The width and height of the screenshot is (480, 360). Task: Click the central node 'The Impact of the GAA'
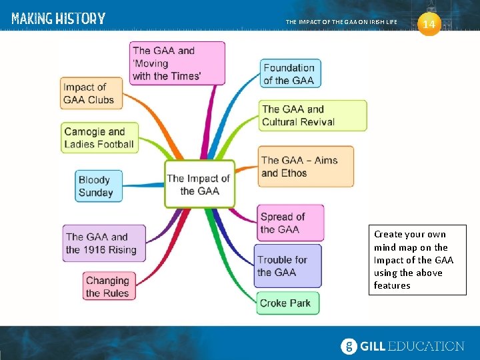pyautogui.click(x=199, y=185)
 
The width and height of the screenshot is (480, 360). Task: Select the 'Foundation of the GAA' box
pyautogui.click(x=289, y=74)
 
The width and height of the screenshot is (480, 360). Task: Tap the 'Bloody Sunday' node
pyautogui.click(x=95, y=186)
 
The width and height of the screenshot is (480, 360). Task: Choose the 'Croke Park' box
pyautogui.click(x=285, y=303)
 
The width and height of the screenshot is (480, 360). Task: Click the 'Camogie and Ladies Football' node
pyautogui.click(x=99, y=138)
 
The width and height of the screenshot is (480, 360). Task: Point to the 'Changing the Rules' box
pyautogui.click(x=107, y=287)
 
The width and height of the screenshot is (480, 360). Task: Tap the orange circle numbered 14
pyautogui.click(x=429, y=24)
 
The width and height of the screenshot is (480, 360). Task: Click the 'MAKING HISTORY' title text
pyautogui.click(x=58, y=19)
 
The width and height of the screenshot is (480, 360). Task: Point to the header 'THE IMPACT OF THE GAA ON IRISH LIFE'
pyautogui.click(x=341, y=22)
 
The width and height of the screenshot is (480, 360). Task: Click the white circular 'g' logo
pyautogui.click(x=349, y=346)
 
